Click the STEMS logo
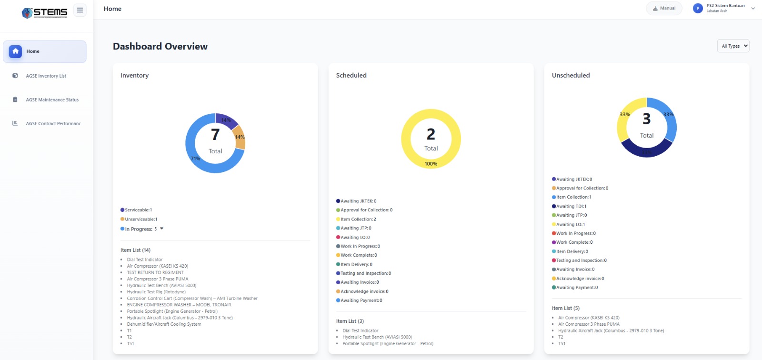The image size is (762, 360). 45,12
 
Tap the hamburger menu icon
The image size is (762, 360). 80,10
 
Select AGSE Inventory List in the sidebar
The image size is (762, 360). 46,76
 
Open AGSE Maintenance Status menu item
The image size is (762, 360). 52,100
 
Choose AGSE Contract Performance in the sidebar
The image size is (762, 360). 53,124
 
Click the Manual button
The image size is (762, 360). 664,9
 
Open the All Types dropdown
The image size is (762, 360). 733,46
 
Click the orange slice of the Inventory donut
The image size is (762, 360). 240,138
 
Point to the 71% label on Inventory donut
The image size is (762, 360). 195,159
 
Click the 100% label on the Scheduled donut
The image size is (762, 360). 431,164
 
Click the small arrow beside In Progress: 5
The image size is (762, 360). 162,229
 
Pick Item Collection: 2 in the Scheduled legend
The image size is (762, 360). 358,220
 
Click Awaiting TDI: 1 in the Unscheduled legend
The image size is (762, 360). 571,207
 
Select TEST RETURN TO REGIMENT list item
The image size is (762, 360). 155,273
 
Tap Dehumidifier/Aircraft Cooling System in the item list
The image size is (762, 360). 164,324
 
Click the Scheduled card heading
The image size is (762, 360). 351,75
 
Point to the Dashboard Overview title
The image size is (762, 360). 160,47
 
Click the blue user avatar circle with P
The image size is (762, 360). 698,9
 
